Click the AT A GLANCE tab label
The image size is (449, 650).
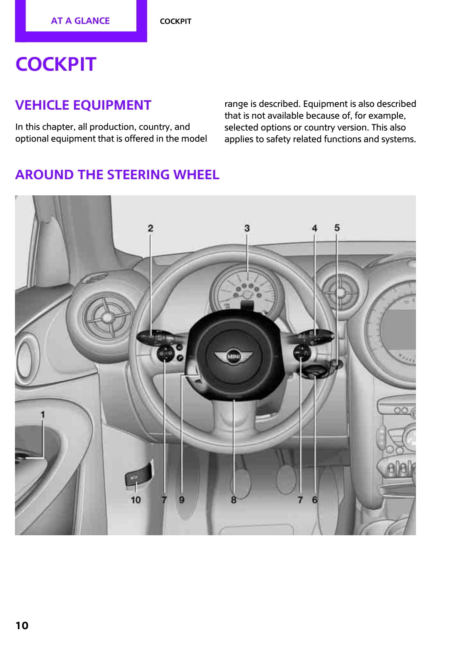80,21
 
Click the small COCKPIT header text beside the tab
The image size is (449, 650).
175,22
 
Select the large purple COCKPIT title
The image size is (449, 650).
56,64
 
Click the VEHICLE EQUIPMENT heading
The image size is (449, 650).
83,105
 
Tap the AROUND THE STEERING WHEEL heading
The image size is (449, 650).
117,174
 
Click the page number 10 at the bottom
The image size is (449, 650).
22,625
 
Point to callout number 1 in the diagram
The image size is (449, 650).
42,414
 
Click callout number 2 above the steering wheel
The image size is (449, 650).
150,228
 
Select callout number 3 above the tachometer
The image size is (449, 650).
247,228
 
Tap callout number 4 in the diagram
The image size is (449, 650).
315,228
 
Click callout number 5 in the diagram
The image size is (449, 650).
337,228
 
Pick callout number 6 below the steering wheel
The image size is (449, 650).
315,499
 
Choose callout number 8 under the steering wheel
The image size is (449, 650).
234,500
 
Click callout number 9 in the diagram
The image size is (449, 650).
182,500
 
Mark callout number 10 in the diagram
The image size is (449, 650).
136,500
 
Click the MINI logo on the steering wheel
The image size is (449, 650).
234,356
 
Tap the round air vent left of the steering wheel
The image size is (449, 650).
107,316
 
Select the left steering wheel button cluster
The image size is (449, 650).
166,353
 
